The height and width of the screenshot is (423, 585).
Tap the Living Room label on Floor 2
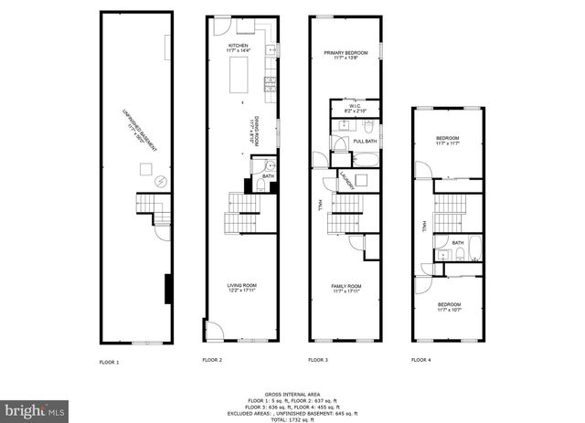pyautogui.click(x=241, y=286)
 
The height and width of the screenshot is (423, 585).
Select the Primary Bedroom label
pyautogui.click(x=345, y=54)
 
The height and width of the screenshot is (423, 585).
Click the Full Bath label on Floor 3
pyautogui.click(x=365, y=141)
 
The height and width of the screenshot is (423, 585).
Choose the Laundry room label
pyautogui.click(x=347, y=182)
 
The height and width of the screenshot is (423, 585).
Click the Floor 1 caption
pyautogui.click(x=109, y=362)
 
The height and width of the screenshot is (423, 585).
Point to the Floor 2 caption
pyautogui.click(x=212, y=360)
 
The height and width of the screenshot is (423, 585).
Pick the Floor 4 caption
pyautogui.click(x=420, y=360)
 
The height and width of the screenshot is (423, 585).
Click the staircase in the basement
pyautogui.click(x=149, y=209)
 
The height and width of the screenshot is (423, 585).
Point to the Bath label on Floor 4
pyautogui.click(x=457, y=242)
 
